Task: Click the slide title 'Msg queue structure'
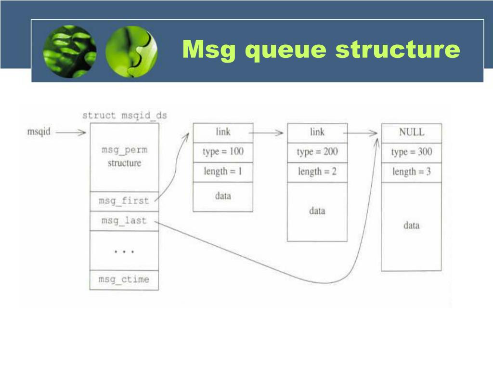[321, 50]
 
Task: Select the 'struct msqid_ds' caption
[124, 116]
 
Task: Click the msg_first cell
[124, 201]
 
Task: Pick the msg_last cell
[124, 221]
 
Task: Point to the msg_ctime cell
[124, 280]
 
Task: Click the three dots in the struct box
[124, 251]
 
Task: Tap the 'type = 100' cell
[223, 152]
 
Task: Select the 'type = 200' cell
[317, 152]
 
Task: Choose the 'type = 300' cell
[412, 152]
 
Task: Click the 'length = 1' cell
[223, 172]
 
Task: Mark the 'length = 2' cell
[317, 172]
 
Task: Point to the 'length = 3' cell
[412, 172]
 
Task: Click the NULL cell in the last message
[412, 132]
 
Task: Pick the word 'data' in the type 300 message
[412, 225]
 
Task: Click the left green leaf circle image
[70, 51]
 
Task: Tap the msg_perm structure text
[124, 157]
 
